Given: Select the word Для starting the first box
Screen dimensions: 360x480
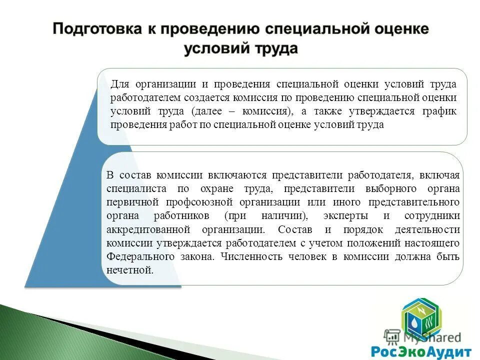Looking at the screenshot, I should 119,83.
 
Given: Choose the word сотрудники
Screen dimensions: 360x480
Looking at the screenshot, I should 433,216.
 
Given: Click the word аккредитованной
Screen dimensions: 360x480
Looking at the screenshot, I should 148,229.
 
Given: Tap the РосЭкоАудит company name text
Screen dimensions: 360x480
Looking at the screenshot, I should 421,350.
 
